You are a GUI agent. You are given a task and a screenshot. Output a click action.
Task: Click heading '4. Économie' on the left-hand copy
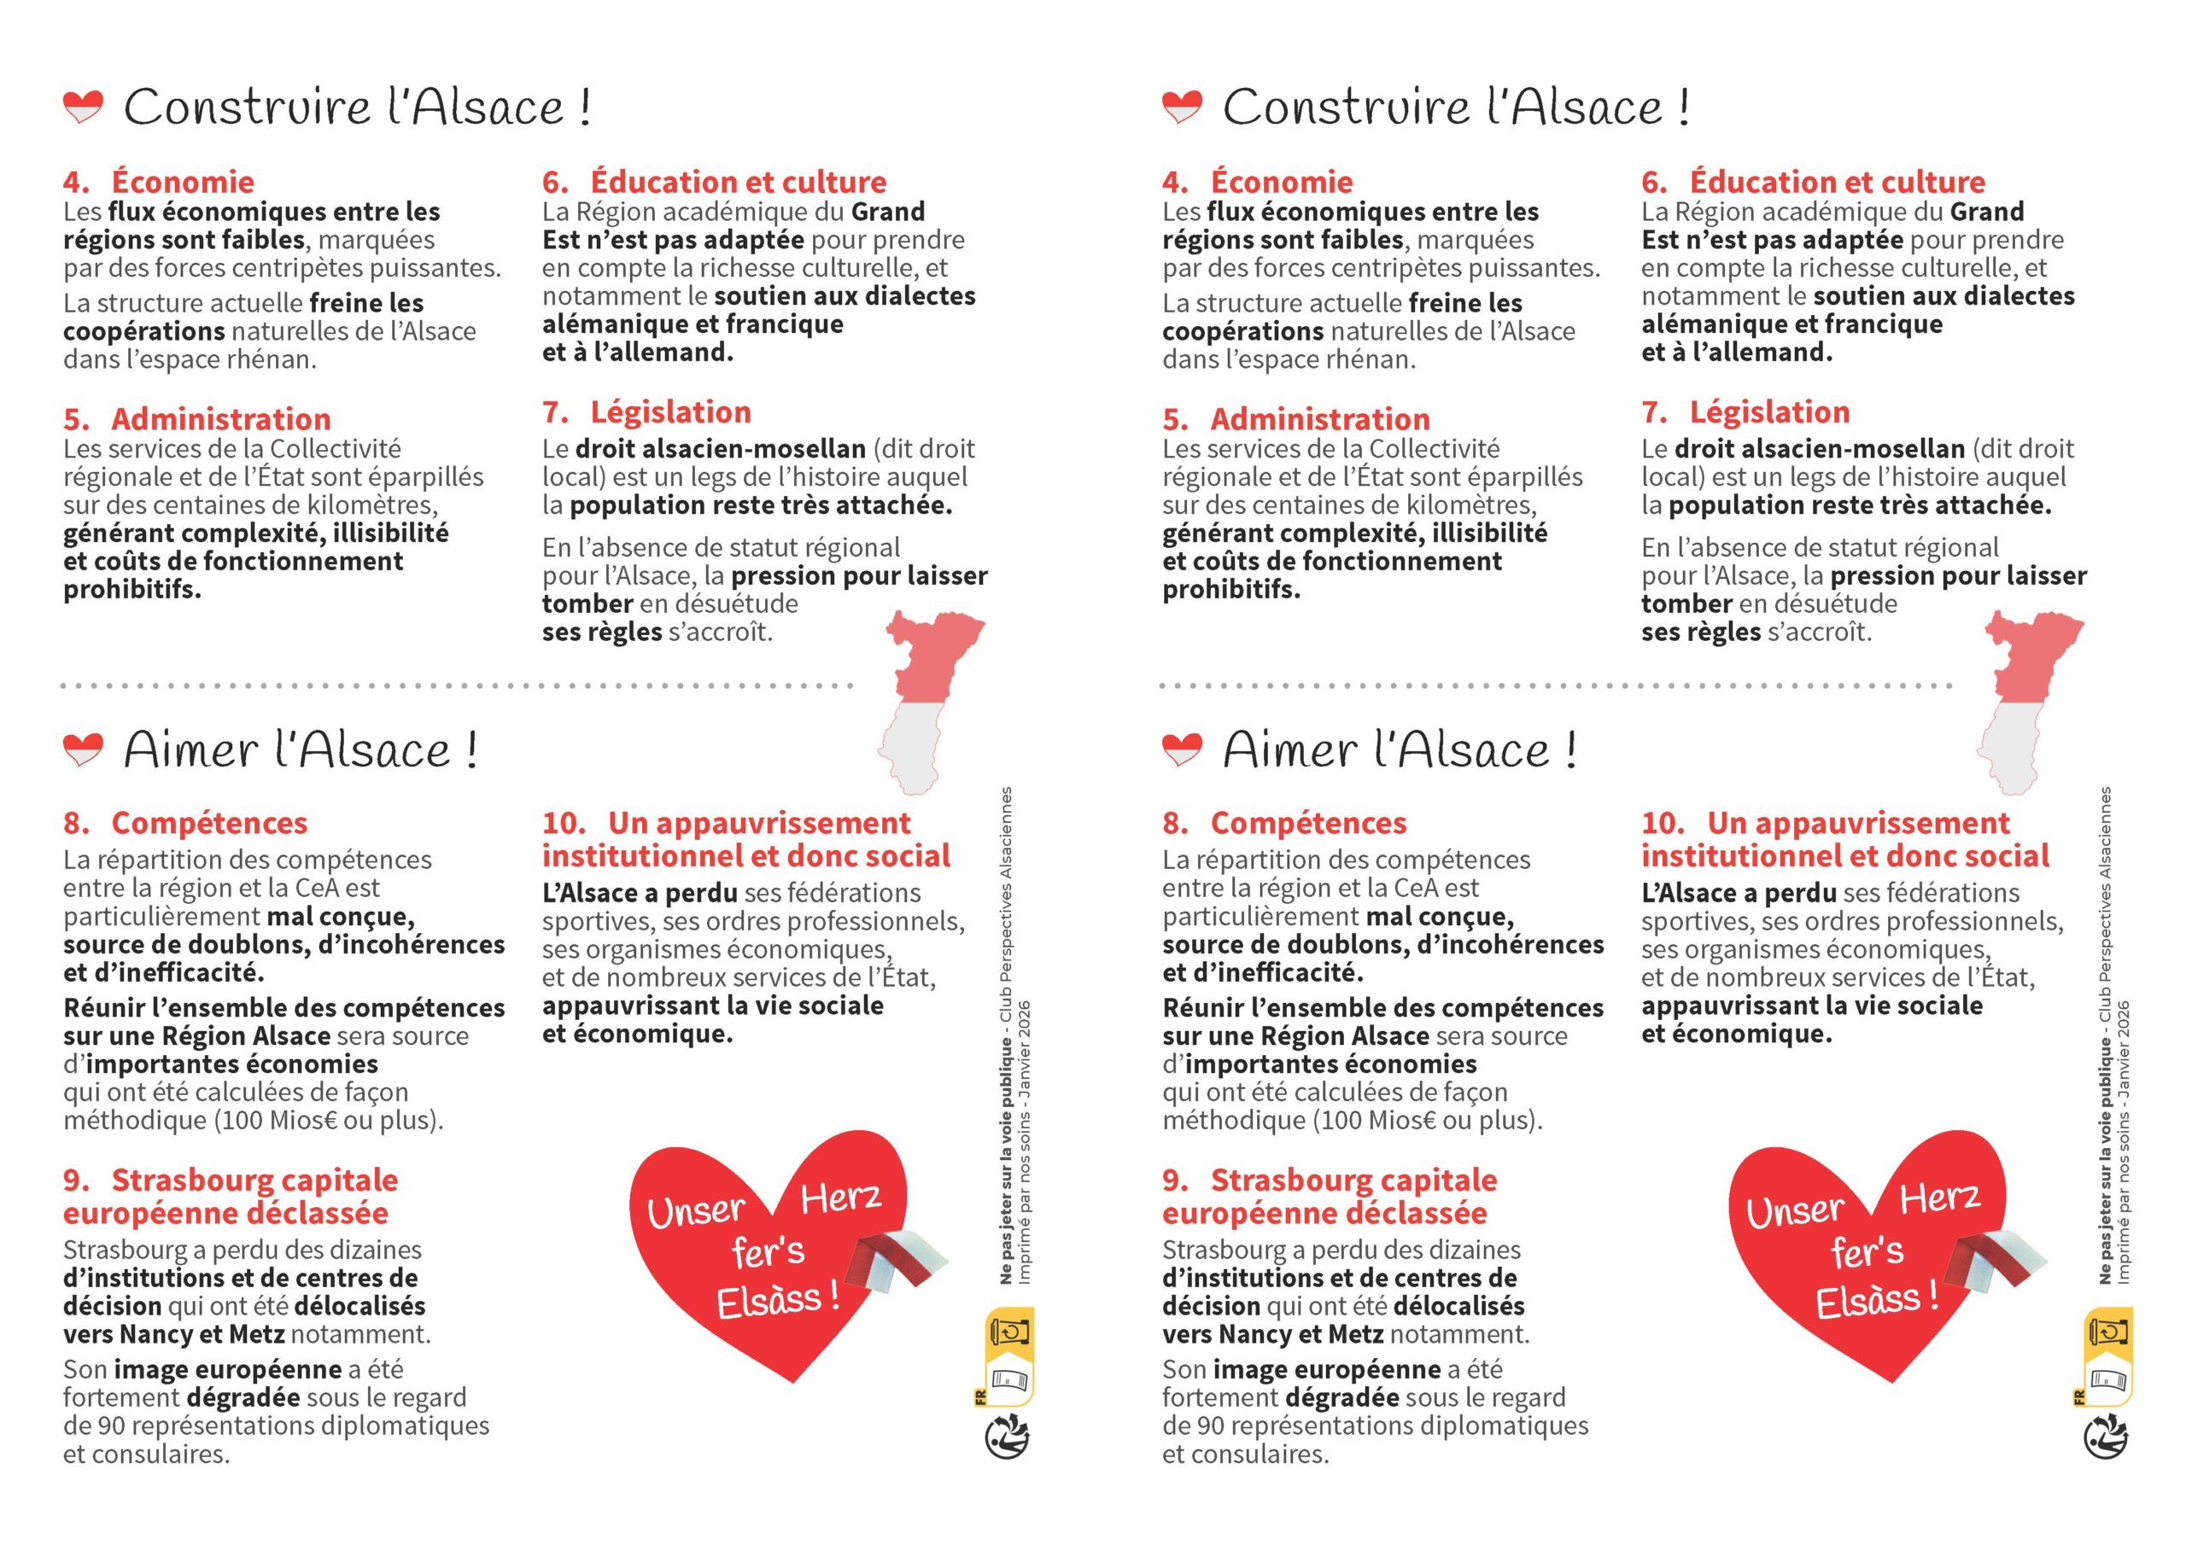point(159,182)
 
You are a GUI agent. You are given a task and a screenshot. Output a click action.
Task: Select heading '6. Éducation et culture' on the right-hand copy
point(1813,182)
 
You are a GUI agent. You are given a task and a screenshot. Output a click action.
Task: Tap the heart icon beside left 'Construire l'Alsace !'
point(82,107)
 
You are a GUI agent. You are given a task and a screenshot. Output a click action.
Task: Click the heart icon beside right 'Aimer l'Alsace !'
point(1181,750)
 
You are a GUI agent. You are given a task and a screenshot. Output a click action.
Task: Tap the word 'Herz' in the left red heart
point(841,1198)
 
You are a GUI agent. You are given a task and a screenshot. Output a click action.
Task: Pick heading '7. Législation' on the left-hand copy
point(646,412)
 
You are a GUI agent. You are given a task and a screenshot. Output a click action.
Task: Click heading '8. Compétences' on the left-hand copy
point(185,823)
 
